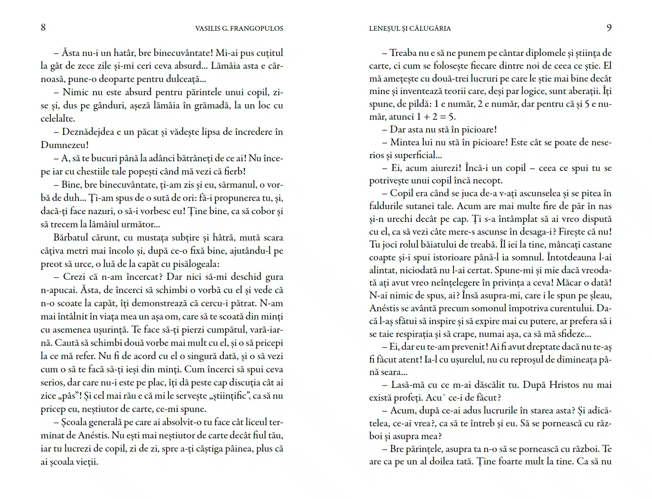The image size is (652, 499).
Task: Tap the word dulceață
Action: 183,79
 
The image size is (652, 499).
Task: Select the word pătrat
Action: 239,303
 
